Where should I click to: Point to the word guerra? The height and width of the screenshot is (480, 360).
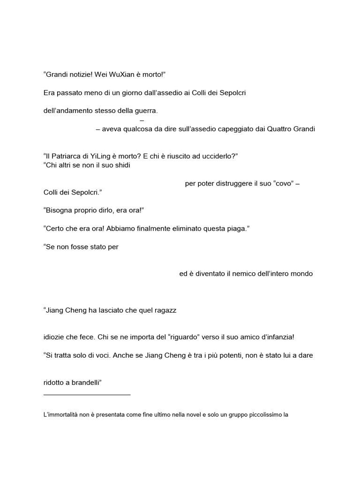point(146,111)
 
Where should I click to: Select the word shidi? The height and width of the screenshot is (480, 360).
point(120,165)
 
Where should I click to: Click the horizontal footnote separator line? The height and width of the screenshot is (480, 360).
point(87,395)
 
